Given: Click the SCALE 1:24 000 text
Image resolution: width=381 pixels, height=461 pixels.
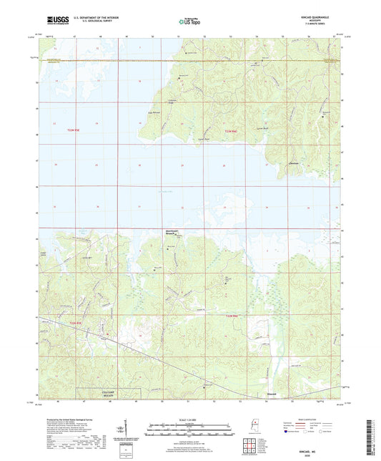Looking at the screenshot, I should pyautogui.click(x=189, y=417).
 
